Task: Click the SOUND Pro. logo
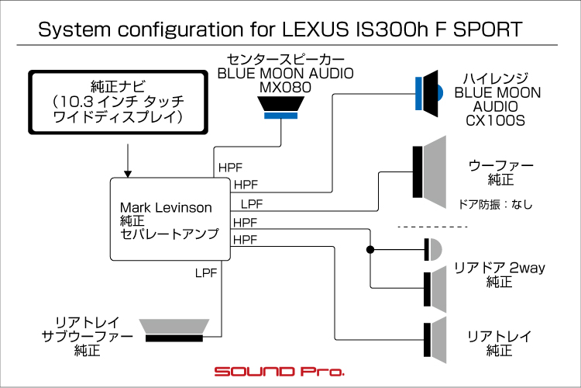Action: pyautogui.click(x=279, y=372)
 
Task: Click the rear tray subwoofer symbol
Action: pyautogui.click(x=175, y=329)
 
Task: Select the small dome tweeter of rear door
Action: pyautogui.click(x=433, y=250)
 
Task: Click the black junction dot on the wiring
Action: pyautogui.click(x=371, y=250)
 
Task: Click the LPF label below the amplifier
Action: pyautogui.click(x=206, y=272)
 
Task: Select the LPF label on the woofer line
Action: pyautogui.click(x=253, y=204)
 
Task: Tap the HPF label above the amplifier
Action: pyautogui.click(x=230, y=168)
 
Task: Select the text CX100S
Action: pyautogui.click(x=496, y=120)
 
